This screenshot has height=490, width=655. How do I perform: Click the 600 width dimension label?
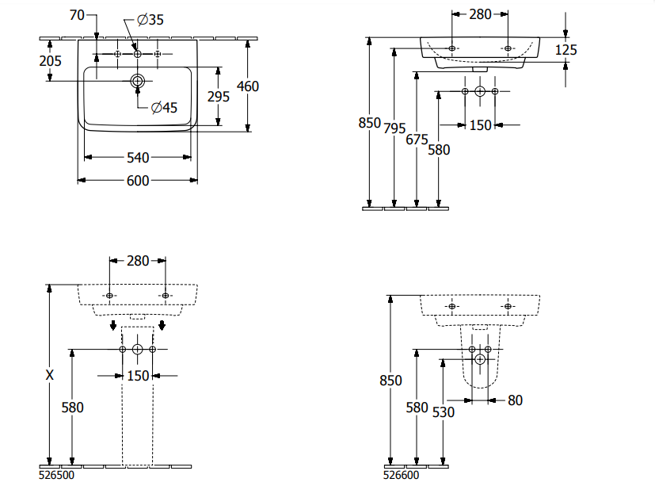(138, 181)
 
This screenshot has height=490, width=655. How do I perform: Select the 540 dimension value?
(138, 157)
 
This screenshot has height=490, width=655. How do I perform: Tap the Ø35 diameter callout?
(150, 20)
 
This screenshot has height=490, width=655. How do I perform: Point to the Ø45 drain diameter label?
(164, 107)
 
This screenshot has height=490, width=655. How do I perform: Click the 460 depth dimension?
(249, 86)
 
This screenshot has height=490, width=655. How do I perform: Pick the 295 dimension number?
(218, 96)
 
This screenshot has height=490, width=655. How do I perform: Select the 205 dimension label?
(50, 61)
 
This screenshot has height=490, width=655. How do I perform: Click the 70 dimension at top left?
(77, 15)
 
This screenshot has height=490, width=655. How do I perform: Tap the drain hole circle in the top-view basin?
(138, 80)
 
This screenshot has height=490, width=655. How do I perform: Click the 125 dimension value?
(566, 50)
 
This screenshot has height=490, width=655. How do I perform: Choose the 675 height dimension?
(417, 140)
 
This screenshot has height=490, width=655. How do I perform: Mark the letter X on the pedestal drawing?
(50, 376)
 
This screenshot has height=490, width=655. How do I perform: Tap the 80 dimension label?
(515, 400)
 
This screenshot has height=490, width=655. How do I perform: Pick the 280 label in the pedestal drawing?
(138, 260)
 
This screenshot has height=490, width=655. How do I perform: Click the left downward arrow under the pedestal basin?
(113, 325)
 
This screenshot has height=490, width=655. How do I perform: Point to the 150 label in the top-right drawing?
(481, 124)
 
